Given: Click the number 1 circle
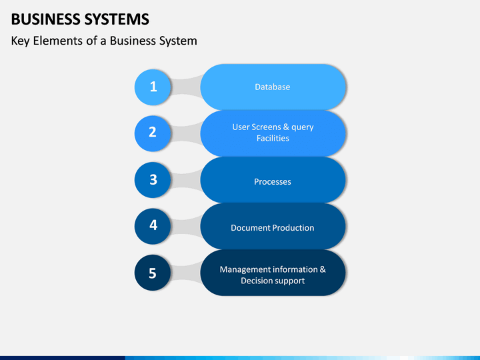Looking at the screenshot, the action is pos(153,87).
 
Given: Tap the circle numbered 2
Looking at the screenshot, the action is pos(153,133).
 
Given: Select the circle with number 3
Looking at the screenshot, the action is pos(153,180).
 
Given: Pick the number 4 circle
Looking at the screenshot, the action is pos(153,226).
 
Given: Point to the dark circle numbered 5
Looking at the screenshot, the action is pos(153,273).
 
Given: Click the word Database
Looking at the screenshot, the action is pos(273,87).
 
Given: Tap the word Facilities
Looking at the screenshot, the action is pos(273,139).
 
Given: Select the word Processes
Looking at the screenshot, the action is pos(273,182).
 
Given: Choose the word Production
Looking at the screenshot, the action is pos(293,228).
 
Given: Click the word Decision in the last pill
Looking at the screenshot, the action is pos(255,281).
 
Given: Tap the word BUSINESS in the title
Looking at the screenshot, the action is pos(45,19).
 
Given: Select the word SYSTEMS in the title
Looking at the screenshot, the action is pos(117,19).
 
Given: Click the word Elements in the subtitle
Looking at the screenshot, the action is pos(58,41).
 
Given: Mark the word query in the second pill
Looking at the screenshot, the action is pos(303,127).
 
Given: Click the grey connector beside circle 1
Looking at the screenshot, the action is pos(185,87).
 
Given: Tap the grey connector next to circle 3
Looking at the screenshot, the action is pos(185,180).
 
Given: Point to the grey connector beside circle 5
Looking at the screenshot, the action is pos(185,273).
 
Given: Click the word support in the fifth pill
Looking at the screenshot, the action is pos(288,281).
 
